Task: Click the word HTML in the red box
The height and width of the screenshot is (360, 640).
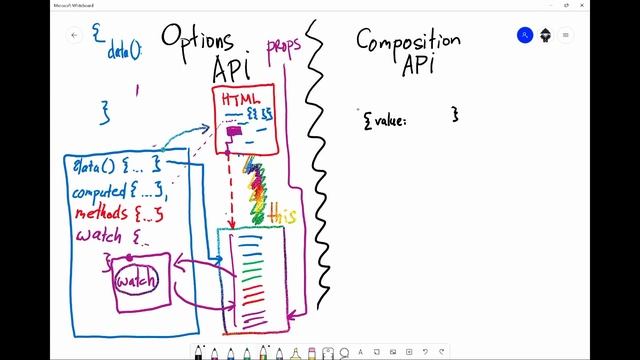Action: click(x=237, y=99)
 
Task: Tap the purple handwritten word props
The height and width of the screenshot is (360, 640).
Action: click(x=283, y=49)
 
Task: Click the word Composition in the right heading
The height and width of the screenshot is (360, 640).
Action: click(x=408, y=41)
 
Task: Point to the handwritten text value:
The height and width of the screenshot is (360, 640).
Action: click(x=385, y=119)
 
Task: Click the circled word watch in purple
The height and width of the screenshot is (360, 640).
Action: click(x=136, y=282)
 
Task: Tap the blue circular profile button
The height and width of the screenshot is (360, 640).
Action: click(x=525, y=35)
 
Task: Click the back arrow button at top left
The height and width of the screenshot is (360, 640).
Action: click(x=74, y=35)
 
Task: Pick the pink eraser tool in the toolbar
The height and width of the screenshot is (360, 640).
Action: click(x=312, y=352)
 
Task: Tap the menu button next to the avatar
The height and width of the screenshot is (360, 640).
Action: click(x=566, y=35)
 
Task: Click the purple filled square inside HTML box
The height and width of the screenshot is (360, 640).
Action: click(x=233, y=131)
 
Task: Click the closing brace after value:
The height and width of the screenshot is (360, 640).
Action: click(x=454, y=115)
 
